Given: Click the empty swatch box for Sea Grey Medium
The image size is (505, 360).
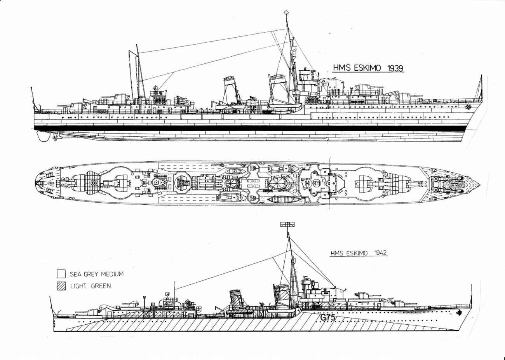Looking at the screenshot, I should coord(61,273).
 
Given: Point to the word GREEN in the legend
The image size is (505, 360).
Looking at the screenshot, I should coord(101,286).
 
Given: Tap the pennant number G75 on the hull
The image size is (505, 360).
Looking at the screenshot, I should coord(328,318).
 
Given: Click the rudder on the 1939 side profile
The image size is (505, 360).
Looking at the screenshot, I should coord(40,135).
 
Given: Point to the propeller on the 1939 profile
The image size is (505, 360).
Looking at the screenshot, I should coord(54,136).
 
